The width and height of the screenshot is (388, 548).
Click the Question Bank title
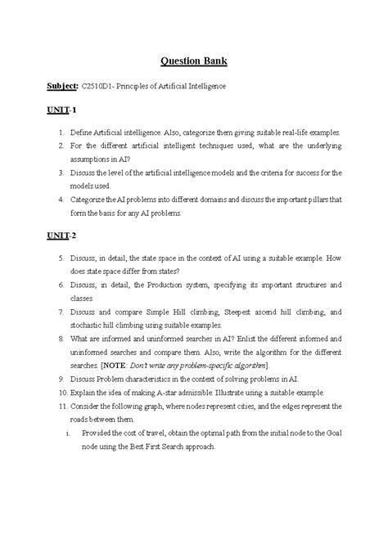194,61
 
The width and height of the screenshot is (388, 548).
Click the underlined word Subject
61,86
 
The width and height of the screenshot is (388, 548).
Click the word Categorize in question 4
92,200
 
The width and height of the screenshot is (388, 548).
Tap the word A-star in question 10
173,394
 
